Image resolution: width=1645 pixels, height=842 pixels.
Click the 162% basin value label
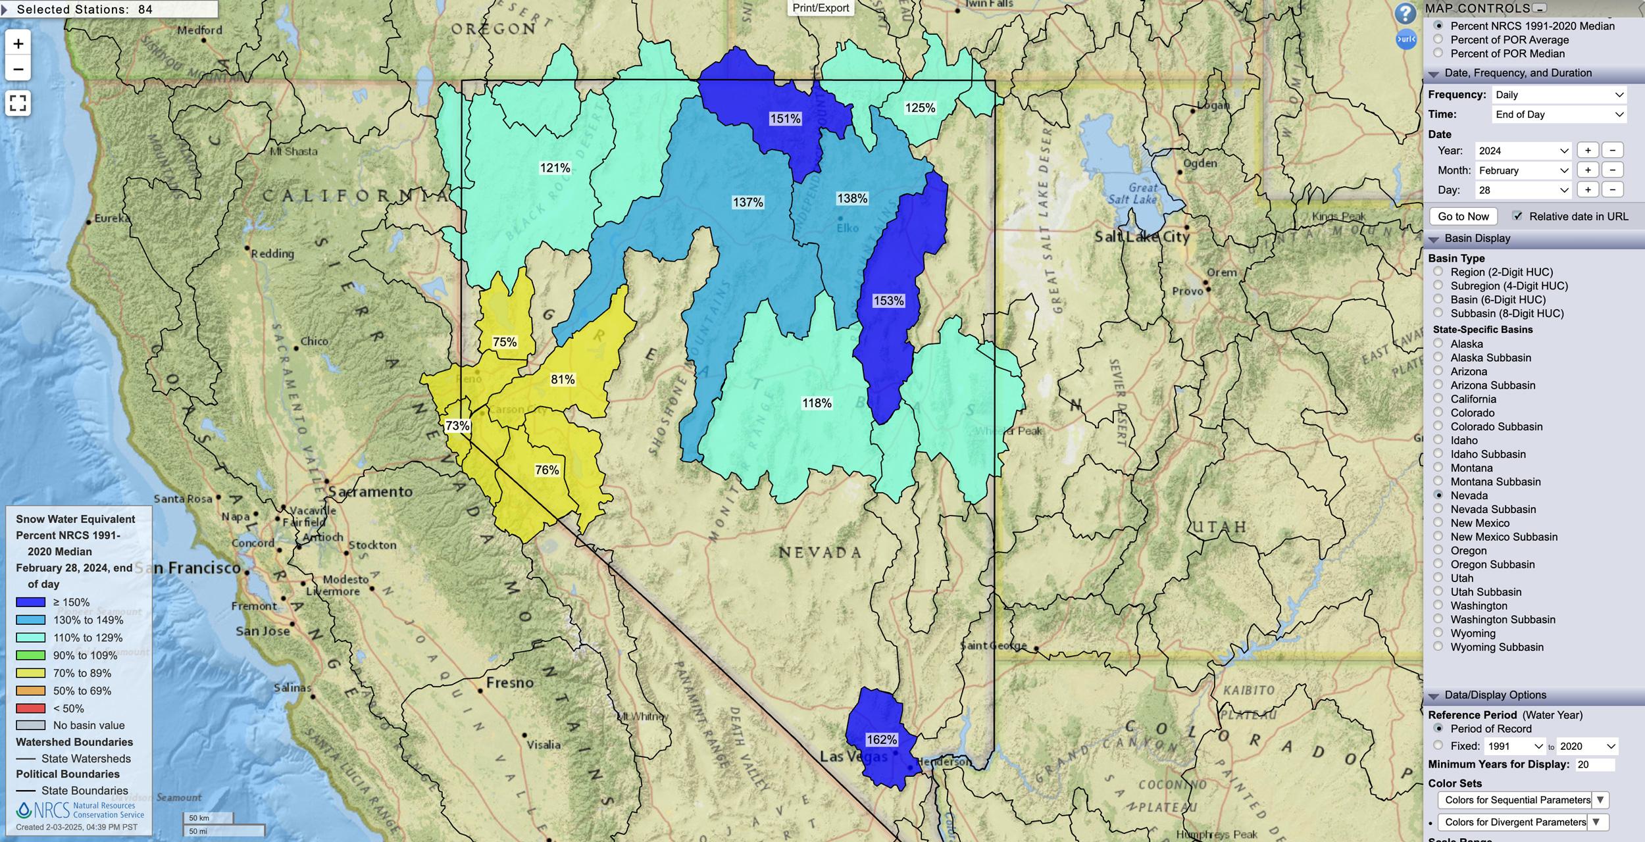point(881,739)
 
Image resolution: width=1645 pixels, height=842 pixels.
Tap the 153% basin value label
point(888,301)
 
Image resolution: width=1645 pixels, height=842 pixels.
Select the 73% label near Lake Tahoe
point(457,426)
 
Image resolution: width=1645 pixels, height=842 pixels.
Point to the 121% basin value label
point(555,168)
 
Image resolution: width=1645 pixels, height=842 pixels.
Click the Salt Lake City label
point(1142,237)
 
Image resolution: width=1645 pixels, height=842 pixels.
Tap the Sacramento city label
point(370,491)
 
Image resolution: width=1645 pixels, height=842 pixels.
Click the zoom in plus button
point(18,44)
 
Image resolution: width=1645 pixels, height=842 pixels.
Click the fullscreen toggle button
point(18,103)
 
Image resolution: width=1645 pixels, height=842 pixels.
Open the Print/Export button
point(821,8)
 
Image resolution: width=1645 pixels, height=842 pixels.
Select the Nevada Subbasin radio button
point(1438,508)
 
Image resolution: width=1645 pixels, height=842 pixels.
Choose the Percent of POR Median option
point(1438,53)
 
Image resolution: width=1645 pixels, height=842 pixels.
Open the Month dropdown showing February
point(1523,170)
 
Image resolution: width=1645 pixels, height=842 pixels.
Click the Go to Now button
point(1463,216)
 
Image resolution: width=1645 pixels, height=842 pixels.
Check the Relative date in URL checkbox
point(1517,216)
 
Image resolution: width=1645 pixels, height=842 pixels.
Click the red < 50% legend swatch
point(31,708)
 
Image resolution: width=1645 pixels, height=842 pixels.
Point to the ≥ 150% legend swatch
point(31,602)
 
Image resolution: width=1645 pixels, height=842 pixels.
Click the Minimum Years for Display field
point(1595,764)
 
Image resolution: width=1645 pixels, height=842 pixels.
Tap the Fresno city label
point(510,683)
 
